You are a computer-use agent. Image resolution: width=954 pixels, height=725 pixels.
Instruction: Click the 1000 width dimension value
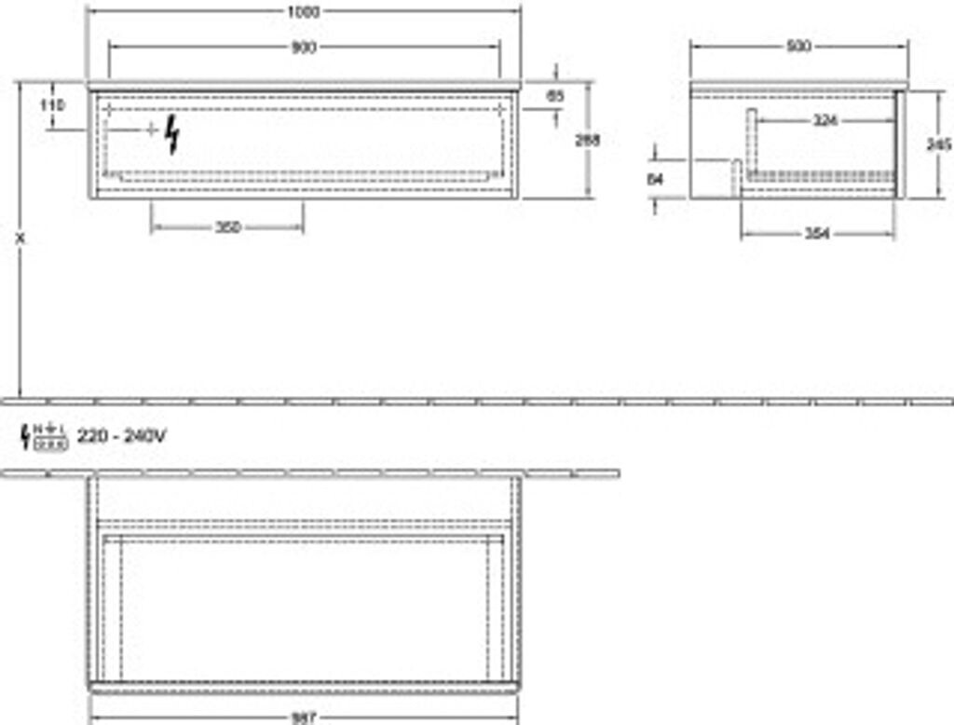[x=304, y=11]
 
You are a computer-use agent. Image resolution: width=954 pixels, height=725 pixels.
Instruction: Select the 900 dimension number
[x=304, y=48]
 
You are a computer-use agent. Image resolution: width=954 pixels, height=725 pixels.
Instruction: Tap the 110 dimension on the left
[x=53, y=105]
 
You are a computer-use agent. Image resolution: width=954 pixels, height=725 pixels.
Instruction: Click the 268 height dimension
[x=587, y=140]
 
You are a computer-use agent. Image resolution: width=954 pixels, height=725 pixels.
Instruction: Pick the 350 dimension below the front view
[x=227, y=226]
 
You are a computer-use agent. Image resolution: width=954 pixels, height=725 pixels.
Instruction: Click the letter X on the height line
[x=20, y=239]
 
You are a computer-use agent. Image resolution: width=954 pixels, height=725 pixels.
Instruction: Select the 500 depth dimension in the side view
[x=798, y=47]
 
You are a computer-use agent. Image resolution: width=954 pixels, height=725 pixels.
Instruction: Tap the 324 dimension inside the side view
[x=823, y=120]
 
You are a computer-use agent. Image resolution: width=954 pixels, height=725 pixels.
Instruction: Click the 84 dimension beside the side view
[x=655, y=180]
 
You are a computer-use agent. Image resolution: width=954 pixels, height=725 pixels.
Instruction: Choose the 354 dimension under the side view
[x=817, y=234]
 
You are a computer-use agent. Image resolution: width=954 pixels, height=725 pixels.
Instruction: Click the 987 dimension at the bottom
[x=304, y=718]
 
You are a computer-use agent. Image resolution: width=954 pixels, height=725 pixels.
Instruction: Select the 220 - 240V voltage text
[x=121, y=434]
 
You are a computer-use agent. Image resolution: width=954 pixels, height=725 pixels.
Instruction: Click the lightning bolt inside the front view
[x=172, y=136]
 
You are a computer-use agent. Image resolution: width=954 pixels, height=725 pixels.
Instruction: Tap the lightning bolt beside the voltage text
[x=25, y=435]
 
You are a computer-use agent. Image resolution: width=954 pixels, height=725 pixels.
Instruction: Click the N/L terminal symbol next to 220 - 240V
[x=50, y=435]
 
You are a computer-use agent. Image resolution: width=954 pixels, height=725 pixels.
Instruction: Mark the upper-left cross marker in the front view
[x=109, y=110]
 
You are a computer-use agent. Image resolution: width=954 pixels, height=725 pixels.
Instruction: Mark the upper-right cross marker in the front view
[x=501, y=110]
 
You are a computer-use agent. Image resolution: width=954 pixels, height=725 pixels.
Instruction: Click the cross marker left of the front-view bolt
[x=151, y=130]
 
